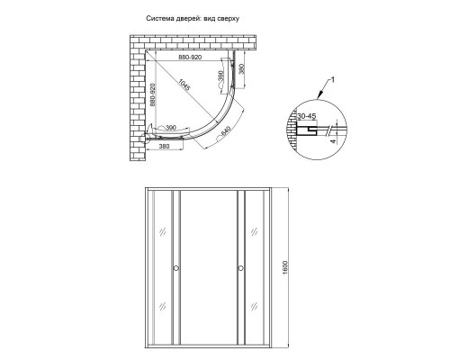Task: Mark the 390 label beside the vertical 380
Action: coord(220,79)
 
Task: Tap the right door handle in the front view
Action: coord(240,267)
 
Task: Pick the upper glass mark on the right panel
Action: coord(257,233)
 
